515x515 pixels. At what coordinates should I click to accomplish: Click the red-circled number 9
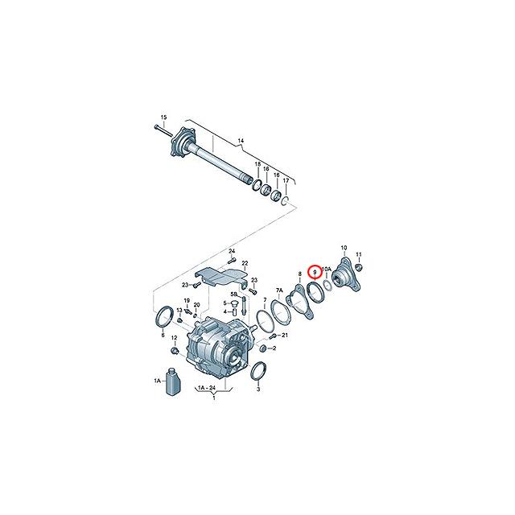tap(315, 274)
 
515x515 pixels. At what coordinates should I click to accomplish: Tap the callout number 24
tap(231, 251)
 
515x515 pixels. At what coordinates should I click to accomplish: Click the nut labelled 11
tap(360, 267)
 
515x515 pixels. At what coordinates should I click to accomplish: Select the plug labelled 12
tap(174, 352)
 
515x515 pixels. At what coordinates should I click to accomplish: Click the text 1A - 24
tap(206, 389)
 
